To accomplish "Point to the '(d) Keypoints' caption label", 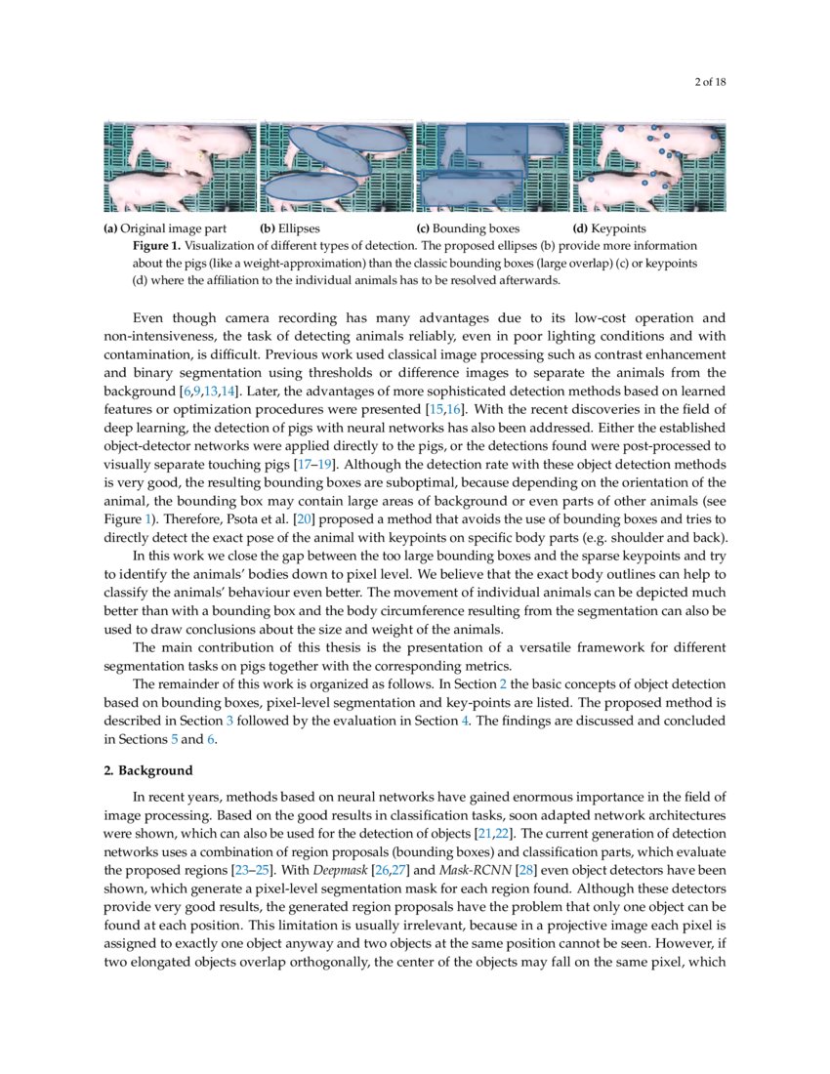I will pyautogui.click(x=609, y=229).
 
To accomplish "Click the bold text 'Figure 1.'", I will pyautogui.click(x=156, y=246).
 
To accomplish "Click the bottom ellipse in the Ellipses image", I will pyautogui.click(x=311, y=185).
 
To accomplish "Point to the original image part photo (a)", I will pyautogui.click(x=180, y=166).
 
